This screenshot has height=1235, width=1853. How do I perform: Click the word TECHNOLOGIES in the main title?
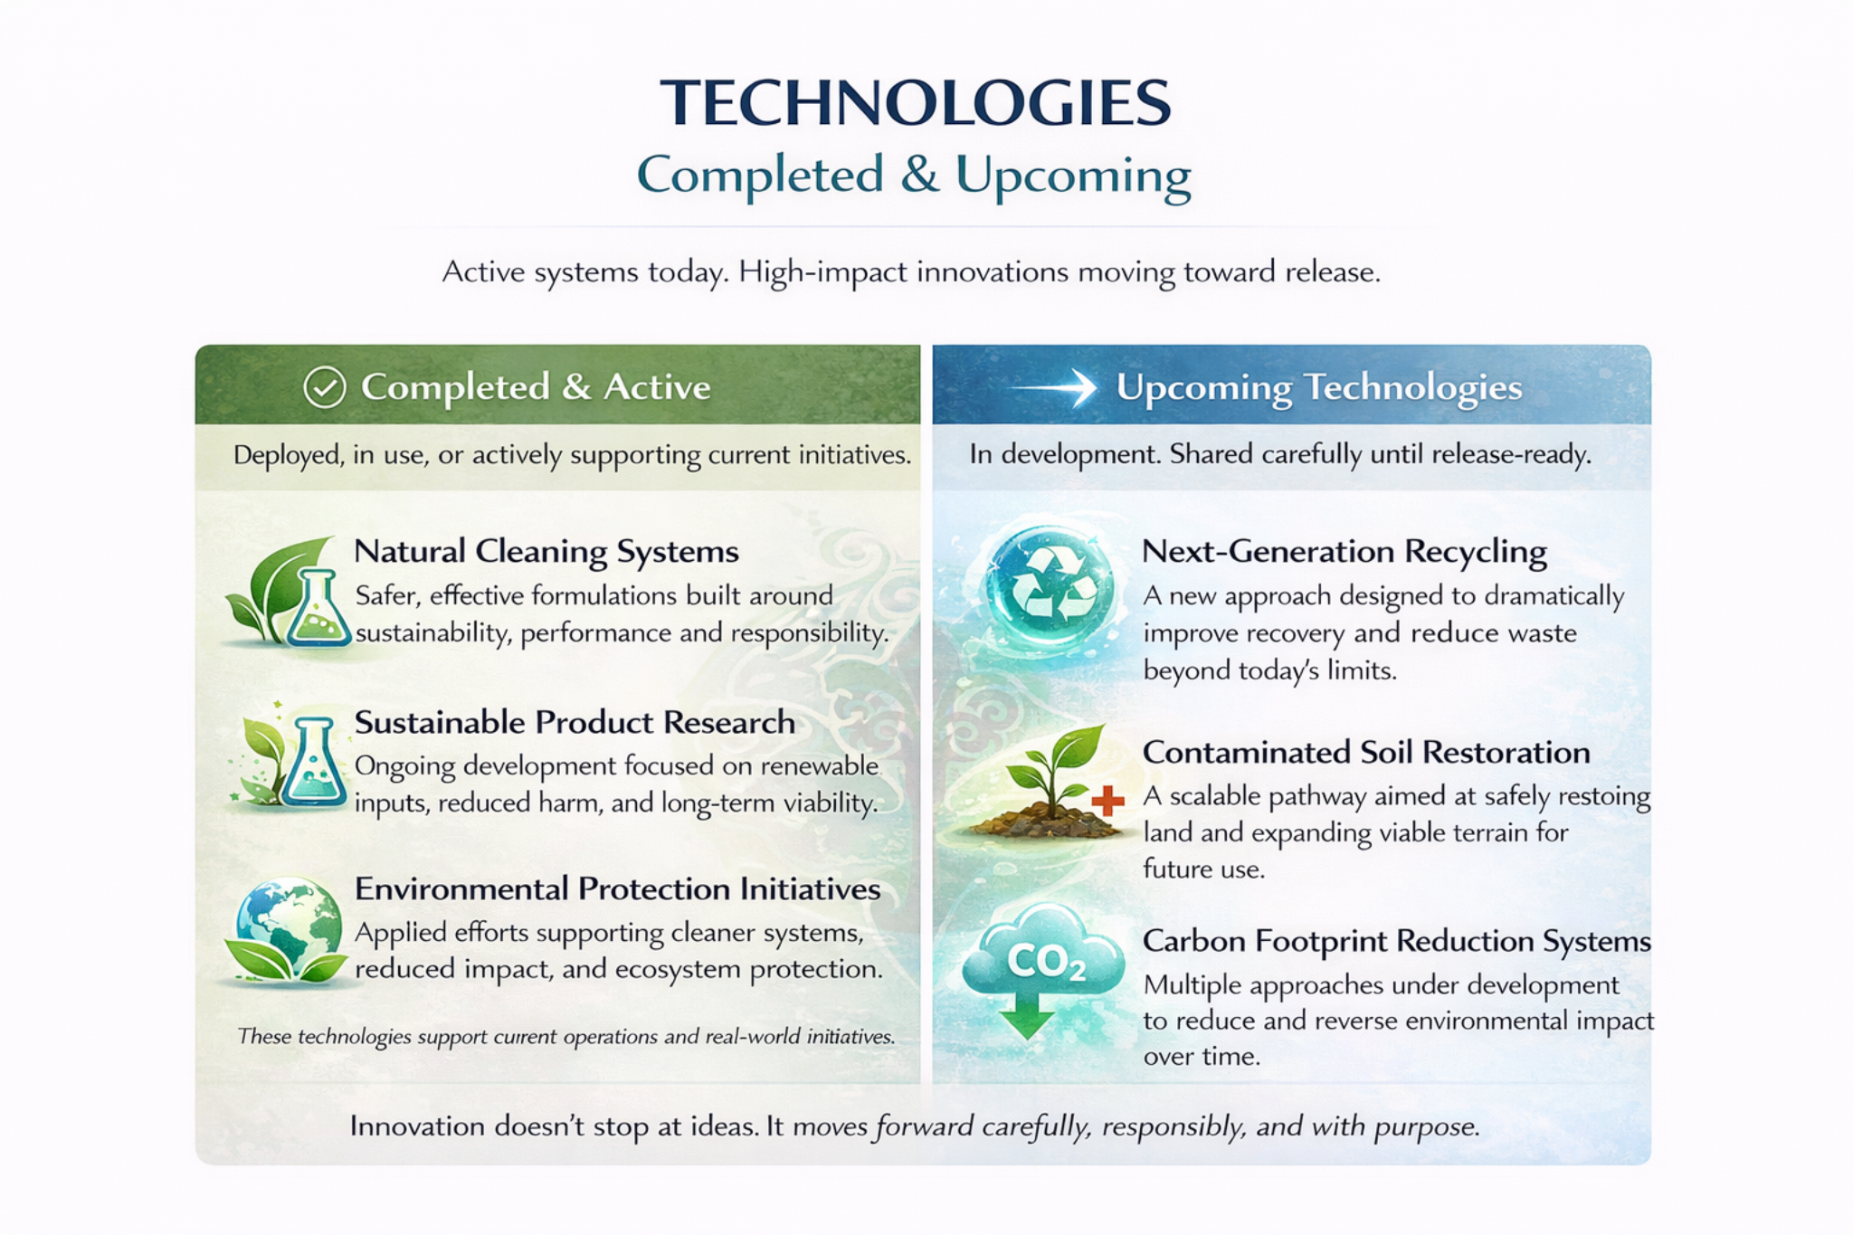click(916, 102)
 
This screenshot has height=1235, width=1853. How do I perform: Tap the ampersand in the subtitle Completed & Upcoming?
click(919, 175)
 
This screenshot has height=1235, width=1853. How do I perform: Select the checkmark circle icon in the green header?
click(324, 387)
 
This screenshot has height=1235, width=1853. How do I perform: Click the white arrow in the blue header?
click(1053, 387)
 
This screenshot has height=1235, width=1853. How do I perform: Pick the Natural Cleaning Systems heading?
click(546, 551)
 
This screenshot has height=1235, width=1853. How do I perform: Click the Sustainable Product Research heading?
click(575, 722)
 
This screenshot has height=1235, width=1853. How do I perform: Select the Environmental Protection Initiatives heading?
click(617, 888)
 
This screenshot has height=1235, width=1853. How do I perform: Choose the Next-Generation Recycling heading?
click(1344, 551)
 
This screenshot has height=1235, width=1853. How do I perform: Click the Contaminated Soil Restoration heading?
click(1365, 752)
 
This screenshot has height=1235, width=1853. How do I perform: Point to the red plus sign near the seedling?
click(1107, 800)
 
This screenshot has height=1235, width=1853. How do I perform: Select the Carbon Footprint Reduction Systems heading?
click(1396, 941)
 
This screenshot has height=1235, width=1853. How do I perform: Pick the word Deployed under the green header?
click(288, 454)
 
